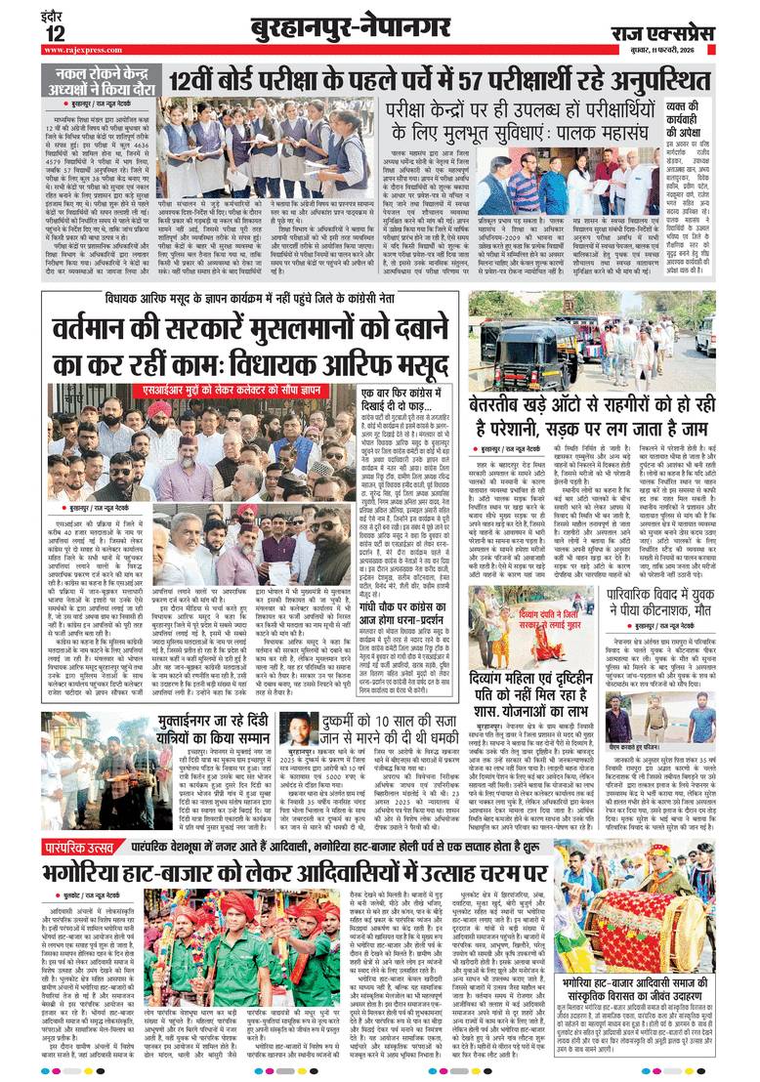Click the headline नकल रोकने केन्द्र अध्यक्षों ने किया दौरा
[x=103, y=81]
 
